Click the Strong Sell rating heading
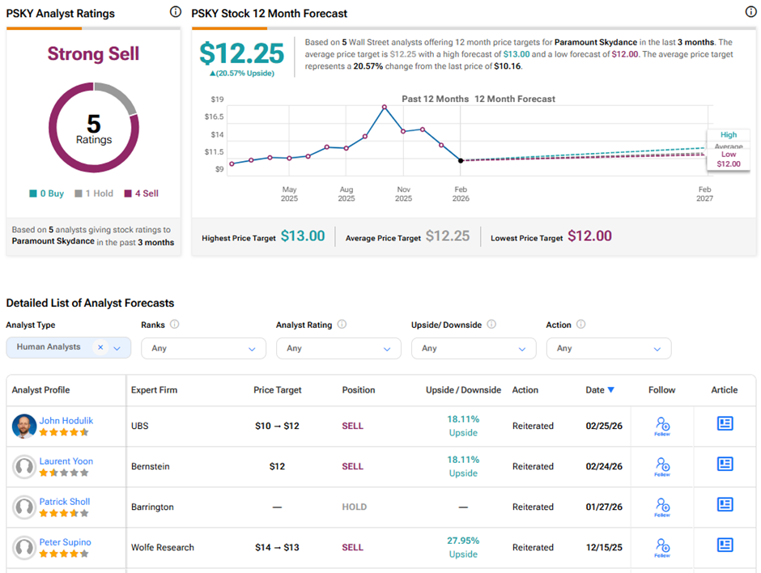[x=93, y=54]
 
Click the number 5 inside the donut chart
[x=93, y=123]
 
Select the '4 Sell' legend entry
[x=142, y=193]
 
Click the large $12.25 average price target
[x=242, y=54]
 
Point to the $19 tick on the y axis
[x=217, y=99]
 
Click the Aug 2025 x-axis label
[x=346, y=193]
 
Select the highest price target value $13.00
[x=303, y=236]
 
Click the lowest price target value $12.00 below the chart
[x=589, y=236]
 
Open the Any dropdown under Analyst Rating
[x=338, y=348]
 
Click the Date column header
[x=599, y=390]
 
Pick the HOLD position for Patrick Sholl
[x=354, y=507]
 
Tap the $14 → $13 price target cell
[x=277, y=548]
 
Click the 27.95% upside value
[x=463, y=541]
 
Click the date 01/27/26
[x=604, y=507]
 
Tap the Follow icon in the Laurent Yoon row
[x=662, y=465]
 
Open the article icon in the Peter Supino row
[x=725, y=545]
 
